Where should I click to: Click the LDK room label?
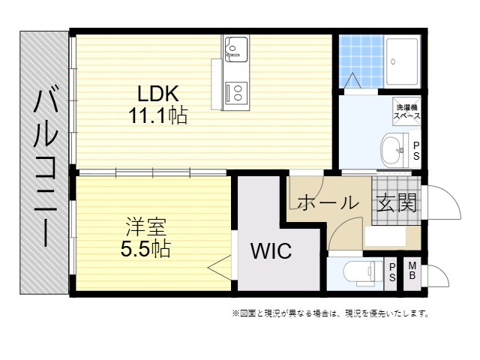click(158, 94)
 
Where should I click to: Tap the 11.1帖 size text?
click(158, 115)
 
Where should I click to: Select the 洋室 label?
click(146, 226)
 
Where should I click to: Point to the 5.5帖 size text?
click(145, 248)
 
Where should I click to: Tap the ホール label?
click(328, 202)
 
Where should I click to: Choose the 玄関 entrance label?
click(397, 202)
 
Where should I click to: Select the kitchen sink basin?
click(236, 48)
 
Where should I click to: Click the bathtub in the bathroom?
click(402, 61)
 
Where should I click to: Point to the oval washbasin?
click(392, 150)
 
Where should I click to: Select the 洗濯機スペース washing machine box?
click(406, 112)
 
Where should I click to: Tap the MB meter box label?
click(412, 270)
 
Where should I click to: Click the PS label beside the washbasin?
click(416, 151)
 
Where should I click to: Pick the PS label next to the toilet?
click(392, 272)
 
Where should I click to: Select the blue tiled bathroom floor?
click(361, 61)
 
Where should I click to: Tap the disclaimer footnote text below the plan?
click(330, 313)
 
